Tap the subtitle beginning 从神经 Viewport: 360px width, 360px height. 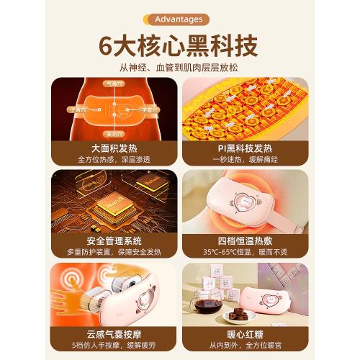click(x=179, y=69)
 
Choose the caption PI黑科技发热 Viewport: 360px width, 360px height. click(x=246, y=148)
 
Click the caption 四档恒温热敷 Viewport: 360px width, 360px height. click(x=246, y=241)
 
